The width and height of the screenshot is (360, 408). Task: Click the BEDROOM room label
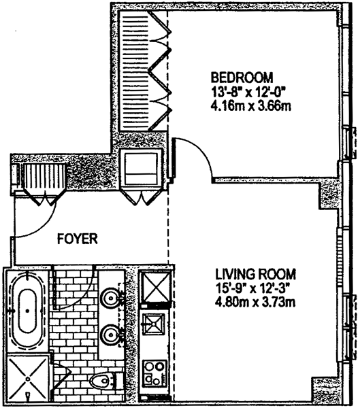[x=242, y=78]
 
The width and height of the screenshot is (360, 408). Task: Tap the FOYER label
[x=78, y=239]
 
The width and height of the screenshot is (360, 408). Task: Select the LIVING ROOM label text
[x=255, y=274]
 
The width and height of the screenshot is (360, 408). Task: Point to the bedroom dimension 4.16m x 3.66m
[x=250, y=106]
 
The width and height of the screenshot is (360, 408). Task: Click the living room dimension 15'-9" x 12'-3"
[x=252, y=288]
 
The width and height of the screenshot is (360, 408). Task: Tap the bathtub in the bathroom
[x=27, y=311]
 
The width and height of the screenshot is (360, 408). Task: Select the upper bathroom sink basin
[x=112, y=297]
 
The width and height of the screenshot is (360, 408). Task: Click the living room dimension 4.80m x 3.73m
[x=255, y=303]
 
